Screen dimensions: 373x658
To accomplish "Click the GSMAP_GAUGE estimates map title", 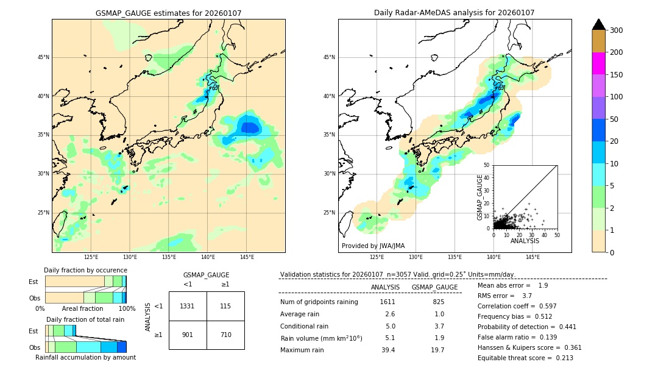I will (168, 13).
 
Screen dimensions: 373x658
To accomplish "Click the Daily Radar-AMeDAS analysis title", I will (454, 13).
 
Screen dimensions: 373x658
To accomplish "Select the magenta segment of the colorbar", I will (598, 63).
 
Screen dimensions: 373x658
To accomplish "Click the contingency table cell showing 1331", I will (187, 306).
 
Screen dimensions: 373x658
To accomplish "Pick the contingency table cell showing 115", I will (225, 306).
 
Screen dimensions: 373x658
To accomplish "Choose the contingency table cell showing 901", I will (187, 335).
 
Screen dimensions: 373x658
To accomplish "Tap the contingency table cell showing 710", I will (225, 335).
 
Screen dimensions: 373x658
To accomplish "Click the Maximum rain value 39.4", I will (388, 350).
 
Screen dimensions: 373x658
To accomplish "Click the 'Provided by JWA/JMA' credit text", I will (373, 246).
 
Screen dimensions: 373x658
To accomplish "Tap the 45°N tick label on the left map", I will (43, 57).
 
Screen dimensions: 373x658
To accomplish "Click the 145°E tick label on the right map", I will (532, 257).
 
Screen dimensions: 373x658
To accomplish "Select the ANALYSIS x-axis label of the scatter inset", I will (525, 241).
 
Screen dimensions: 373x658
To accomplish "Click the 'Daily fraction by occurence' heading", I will (85, 270).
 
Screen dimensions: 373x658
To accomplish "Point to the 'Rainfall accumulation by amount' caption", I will (85, 357).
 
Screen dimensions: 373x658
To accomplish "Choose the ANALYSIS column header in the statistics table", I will (385, 287).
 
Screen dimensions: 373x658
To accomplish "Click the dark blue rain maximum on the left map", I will (250, 127).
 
